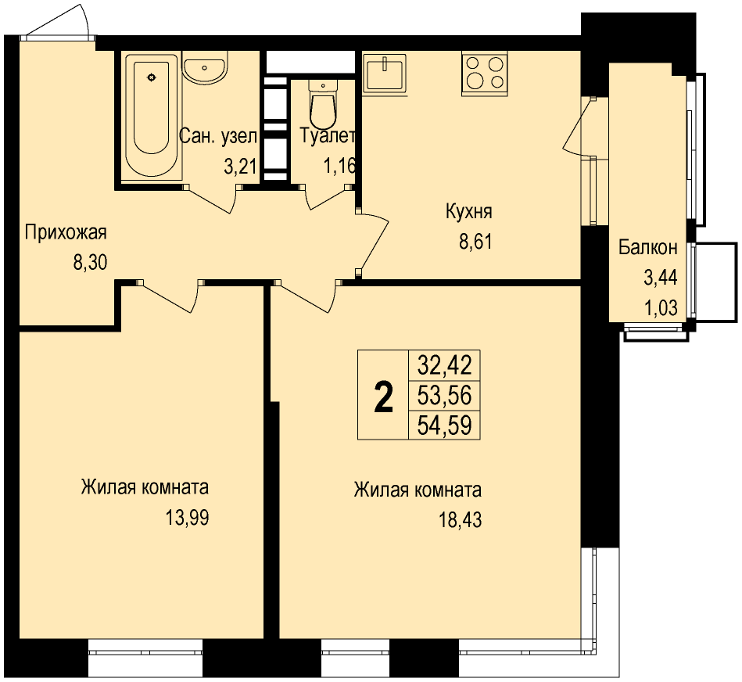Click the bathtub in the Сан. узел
pyautogui.click(x=151, y=116)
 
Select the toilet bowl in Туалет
pyautogui.click(x=323, y=102)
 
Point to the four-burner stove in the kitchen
pyautogui.click(x=485, y=73)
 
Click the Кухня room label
pyautogui.click(x=469, y=211)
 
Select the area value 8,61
pyautogui.click(x=475, y=242)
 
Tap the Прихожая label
pyautogui.click(x=66, y=232)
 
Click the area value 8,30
pyautogui.click(x=90, y=262)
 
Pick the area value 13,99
pyautogui.click(x=187, y=518)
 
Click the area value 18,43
pyautogui.click(x=460, y=519)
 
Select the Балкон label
pyautogui.click(x=648, y=247)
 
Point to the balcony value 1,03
pyautogui.click(x=661, y=308)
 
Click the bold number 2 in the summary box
pyautogui.click(x=383, y=397)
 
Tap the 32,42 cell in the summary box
pyautogui.click(x=444, y=365)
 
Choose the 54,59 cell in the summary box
pyautogui.click(x=444, y=425)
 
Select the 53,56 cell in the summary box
pyautogui.click(x=444, y=395)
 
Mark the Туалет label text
pyautogui.click(x=328, y=136)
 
